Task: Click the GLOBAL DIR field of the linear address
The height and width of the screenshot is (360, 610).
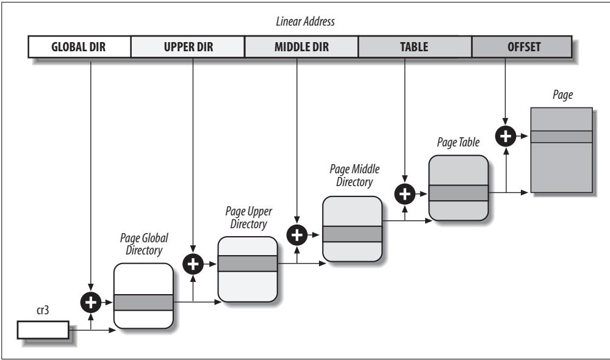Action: (79, 47)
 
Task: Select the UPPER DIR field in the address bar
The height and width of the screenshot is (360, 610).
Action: (188, 47)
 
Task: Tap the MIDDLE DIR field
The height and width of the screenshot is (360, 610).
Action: (301, 47)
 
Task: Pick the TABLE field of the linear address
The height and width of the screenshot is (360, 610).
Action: (415, 47)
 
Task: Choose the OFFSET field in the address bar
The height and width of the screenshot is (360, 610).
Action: (522, 47)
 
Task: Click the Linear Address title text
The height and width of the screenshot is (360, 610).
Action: (306, 21)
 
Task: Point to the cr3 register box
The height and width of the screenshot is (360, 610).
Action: (43, 329)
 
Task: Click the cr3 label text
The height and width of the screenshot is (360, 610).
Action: (43, 310)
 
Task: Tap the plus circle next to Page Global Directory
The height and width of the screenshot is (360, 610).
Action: (91, 303)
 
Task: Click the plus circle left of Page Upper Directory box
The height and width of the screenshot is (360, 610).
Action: (193, 264)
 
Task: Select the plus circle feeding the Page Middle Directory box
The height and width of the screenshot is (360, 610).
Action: (297, 235)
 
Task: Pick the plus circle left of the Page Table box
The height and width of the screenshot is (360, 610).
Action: (404, 194)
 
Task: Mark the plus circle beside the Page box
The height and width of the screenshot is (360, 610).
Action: (505, 136)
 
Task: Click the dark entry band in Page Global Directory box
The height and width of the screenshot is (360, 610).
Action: (143, 303)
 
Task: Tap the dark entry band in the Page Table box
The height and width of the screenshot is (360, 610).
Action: (459, 193)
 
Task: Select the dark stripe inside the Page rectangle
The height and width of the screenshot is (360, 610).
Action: (562, 137)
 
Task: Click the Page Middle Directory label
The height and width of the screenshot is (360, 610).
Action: (354, 175)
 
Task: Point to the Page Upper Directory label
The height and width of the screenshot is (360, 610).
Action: (249, 217)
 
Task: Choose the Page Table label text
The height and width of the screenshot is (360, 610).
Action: (458, 142)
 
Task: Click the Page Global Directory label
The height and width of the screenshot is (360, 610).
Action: (144, 243)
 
